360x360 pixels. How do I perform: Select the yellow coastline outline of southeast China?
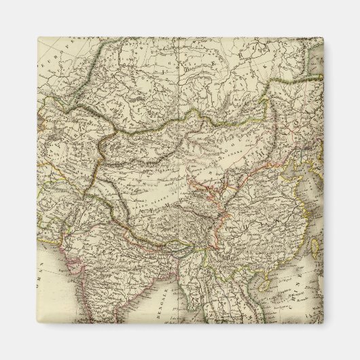[289, 245]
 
